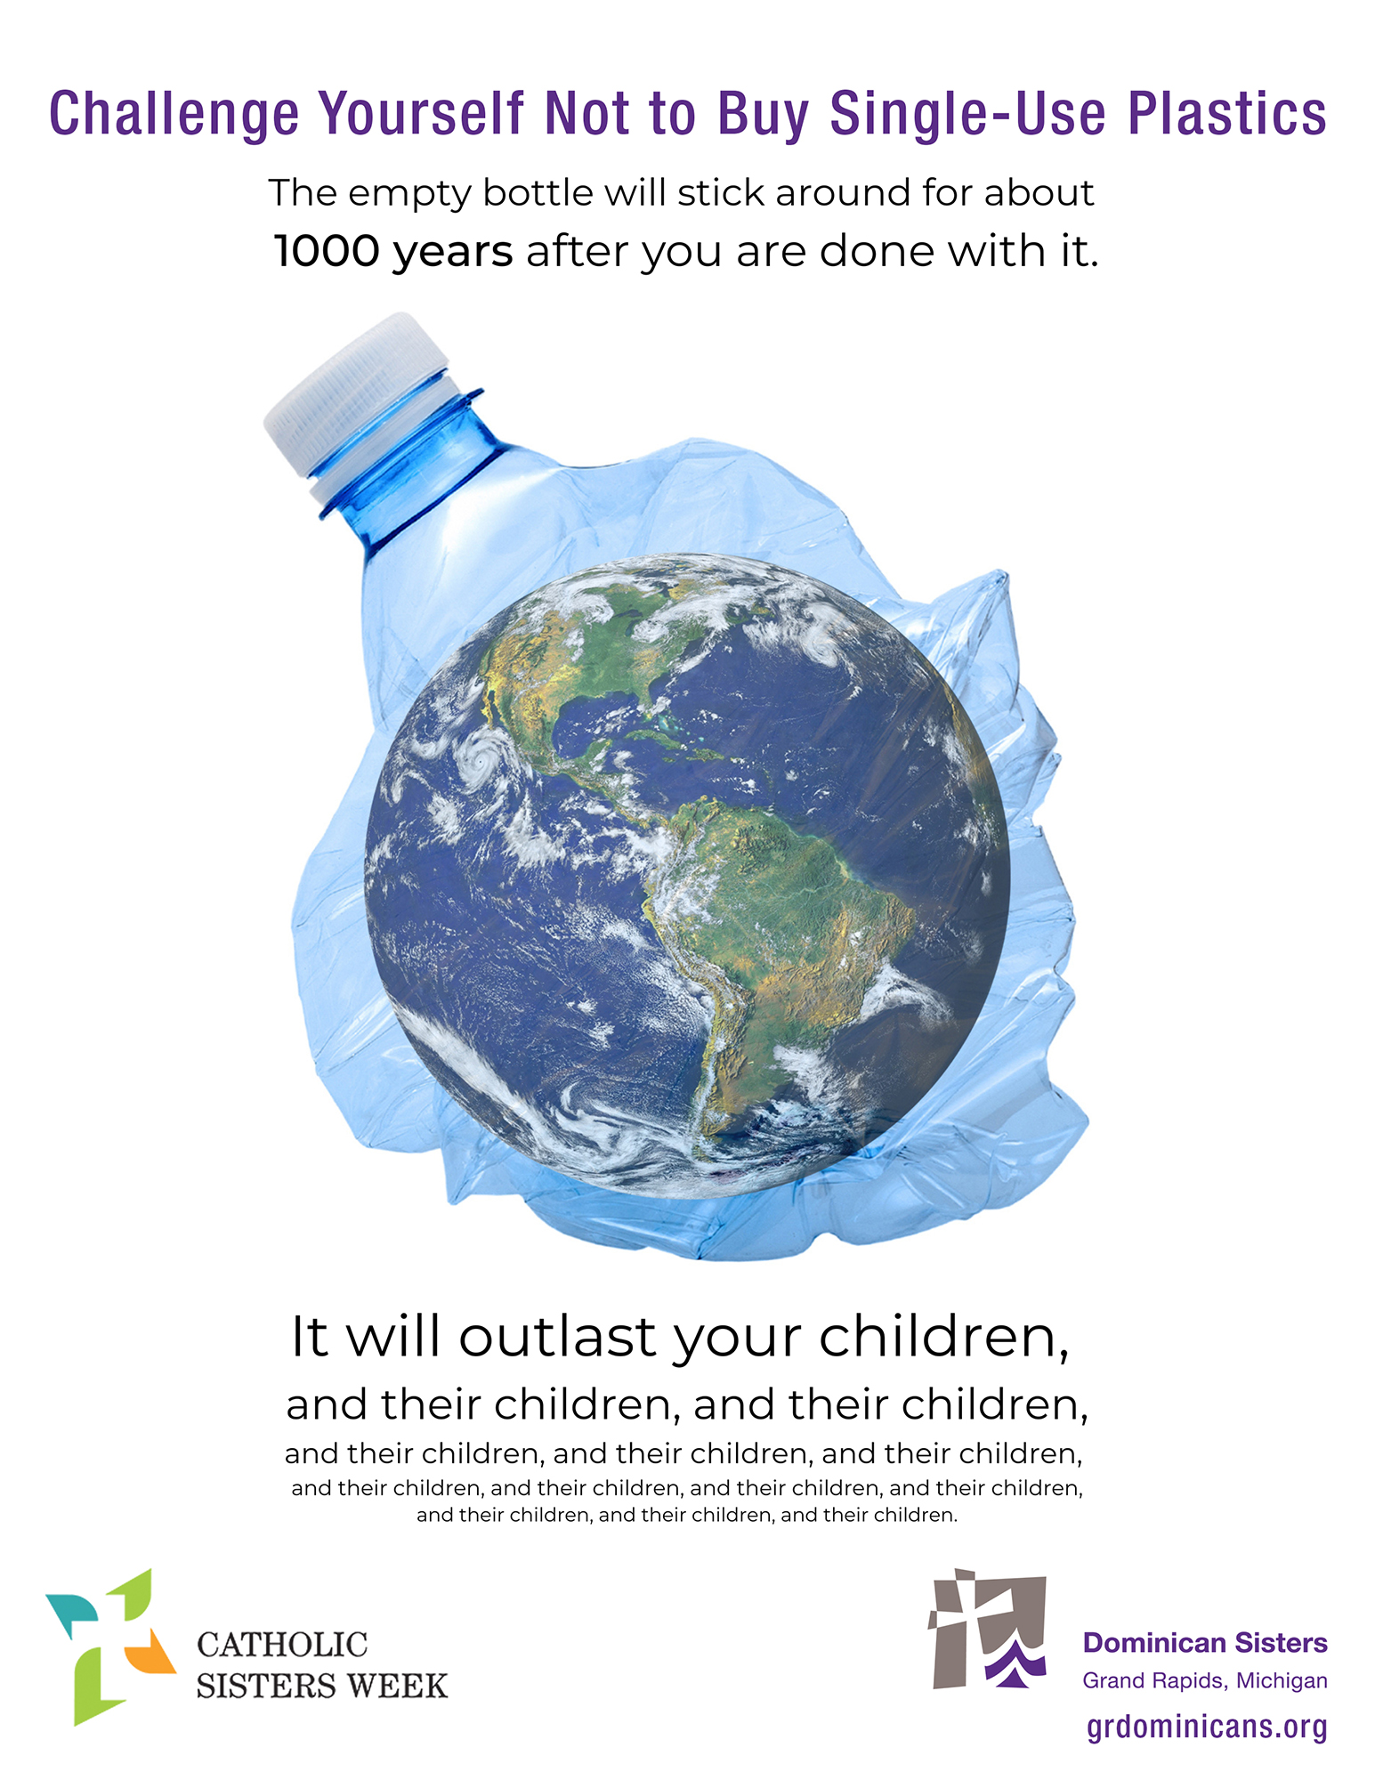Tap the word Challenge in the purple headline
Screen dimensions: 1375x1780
coord(174,115)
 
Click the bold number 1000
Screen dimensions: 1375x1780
coord(326,251)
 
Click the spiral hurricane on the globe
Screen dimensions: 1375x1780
coord(481,758)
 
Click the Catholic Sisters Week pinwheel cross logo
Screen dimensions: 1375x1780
coord(110,1646)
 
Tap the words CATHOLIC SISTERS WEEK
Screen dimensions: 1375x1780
coord(321,1665)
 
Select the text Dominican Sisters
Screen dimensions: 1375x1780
coord(1205,1643)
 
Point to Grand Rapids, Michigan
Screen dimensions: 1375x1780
coord(1205,1681)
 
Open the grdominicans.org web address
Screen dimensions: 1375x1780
coord(1207,1727)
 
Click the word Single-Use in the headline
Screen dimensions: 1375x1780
coord(970,115)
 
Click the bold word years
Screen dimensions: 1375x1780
coord(453,253)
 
